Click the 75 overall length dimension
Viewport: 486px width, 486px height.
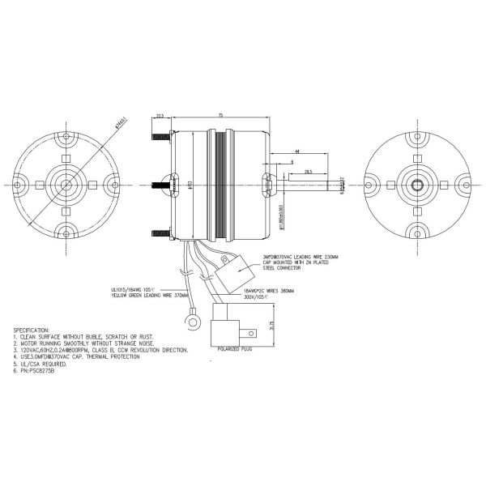pyautogui.click(x=220, y=116)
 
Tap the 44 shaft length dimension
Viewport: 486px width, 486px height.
pyautogui.click(x=297, y=151)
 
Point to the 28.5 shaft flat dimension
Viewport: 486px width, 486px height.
pyautogui.click(x=309, y=172)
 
